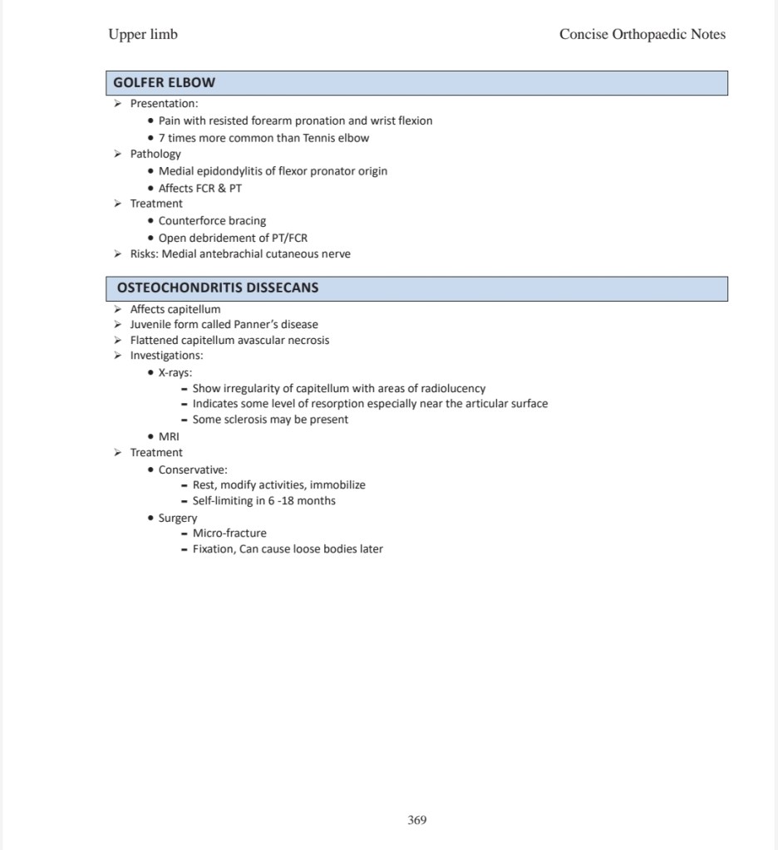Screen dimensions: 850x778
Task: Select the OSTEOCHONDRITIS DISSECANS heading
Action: (218, 287)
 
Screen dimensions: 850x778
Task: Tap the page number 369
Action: (417, 820)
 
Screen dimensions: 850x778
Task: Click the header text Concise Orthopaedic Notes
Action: (642, 34)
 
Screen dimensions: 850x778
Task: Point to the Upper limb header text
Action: (143, 34)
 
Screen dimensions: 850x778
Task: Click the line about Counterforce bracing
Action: (212, 221)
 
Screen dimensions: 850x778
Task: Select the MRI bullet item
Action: (169, 436)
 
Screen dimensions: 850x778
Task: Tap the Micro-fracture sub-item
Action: (229, 533)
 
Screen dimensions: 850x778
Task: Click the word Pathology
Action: (155, 154)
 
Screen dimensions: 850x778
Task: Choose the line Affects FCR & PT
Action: (200, 188)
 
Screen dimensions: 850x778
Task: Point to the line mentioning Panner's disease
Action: (224, 324)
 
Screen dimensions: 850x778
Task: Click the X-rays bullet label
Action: (175, 373)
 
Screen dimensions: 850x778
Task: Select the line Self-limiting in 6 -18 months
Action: (263, 501)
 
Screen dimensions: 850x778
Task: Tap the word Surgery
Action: (178, 518)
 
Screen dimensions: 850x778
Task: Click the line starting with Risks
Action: (240, 253)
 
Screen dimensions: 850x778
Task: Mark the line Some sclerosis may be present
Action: (270, 420)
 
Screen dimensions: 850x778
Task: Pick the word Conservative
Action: (193, 469)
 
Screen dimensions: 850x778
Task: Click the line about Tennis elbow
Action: (263, 138)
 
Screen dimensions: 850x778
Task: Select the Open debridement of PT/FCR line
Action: (233, 238)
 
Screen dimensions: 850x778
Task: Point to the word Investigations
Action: (166, 356)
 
